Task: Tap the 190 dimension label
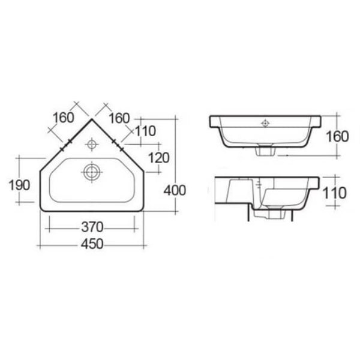point(20,184)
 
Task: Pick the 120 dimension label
point(158,158)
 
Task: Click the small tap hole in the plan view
point(92,144)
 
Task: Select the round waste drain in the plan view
point(91,171)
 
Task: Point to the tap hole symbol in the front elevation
point(264,124)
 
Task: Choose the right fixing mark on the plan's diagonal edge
point(117,143)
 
